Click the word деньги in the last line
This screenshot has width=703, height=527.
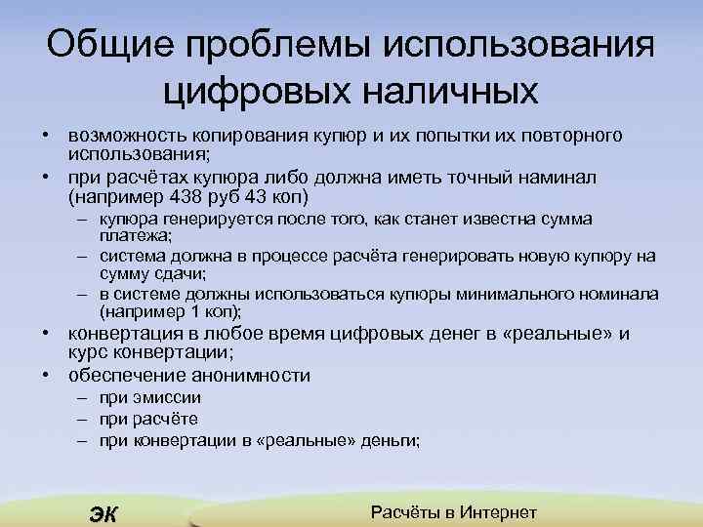tap(387, 440)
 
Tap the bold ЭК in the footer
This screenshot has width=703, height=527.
tap(102, 514)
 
